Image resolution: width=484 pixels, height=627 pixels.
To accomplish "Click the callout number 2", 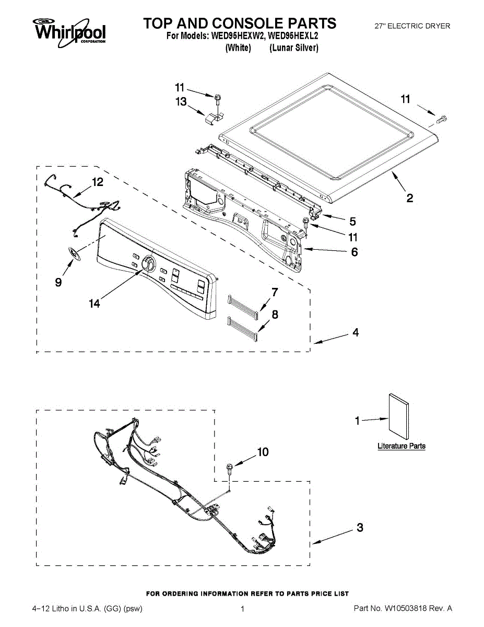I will (x=410, y=198).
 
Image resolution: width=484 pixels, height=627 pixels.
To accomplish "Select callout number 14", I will (x=94, y=304).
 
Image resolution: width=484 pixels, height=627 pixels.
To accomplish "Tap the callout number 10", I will (x=263, y=451).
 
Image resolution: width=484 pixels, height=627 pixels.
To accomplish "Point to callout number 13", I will (x=181, y=102).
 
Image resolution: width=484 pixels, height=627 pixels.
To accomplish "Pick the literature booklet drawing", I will (x=398, y=416).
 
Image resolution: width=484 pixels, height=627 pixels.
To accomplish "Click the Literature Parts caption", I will (x=401, y=446).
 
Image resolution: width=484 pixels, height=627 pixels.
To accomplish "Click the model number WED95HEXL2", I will (x=293, y=37).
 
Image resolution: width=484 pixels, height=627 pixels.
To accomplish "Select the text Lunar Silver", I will (x=294, y=48).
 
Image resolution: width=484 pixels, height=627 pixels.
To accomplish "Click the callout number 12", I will (x=98, y=182).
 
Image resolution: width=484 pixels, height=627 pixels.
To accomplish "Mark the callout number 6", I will (x=354, y=252).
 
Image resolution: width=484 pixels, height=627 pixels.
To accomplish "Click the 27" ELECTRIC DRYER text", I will (x=412, y=26).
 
